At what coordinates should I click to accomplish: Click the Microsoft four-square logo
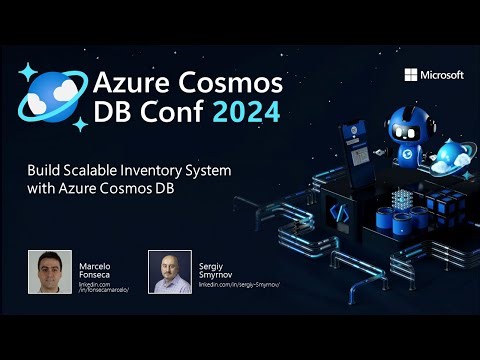click(x=410, y=75)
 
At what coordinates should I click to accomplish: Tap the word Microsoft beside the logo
click(x=441, y=75)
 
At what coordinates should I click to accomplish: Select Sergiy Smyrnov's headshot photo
click(x=170, y=272)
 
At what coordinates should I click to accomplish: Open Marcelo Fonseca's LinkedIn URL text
click(x=104, y=288)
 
